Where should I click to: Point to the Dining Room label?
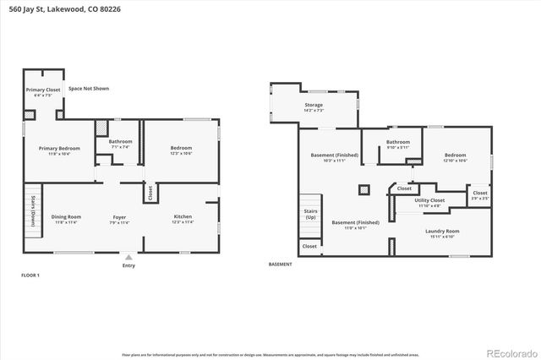pos(66,218)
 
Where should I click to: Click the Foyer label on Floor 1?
pos(119,218)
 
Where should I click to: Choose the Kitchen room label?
pos(183,218)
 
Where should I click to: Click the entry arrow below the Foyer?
pos(128,257)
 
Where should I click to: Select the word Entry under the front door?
pos(128,265)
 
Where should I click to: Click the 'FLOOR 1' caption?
pos(30,275)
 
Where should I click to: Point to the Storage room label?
pos(314,107)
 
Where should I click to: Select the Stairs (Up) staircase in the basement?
pos(309,215)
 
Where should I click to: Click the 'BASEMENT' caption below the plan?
pos(280,265)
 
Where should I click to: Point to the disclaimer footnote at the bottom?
pos(270,354)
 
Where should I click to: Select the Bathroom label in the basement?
pos(397,144)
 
